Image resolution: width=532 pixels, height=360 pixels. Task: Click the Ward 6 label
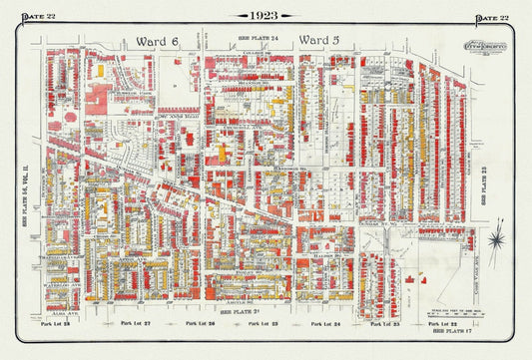(150, 40)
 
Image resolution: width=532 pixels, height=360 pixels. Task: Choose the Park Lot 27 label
(131, 324)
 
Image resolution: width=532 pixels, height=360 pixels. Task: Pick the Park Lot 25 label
(264, 324)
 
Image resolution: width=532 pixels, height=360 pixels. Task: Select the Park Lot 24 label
(327, 324)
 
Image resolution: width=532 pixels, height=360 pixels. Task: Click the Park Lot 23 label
(383, 324)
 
